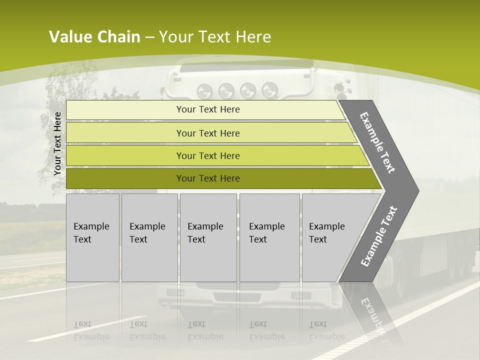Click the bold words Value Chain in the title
94,37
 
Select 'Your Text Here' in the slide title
214,37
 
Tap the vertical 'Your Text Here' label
57,144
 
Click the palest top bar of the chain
207,109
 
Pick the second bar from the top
207,133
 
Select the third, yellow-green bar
207,155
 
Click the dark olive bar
207,178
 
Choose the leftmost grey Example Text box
92,237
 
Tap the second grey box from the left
149,237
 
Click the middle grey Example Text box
208,237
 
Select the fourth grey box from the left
269,237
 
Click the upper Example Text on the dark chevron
378,143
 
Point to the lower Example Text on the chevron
379,236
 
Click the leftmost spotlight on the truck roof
204,91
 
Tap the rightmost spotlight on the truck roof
269,90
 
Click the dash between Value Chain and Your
149,37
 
